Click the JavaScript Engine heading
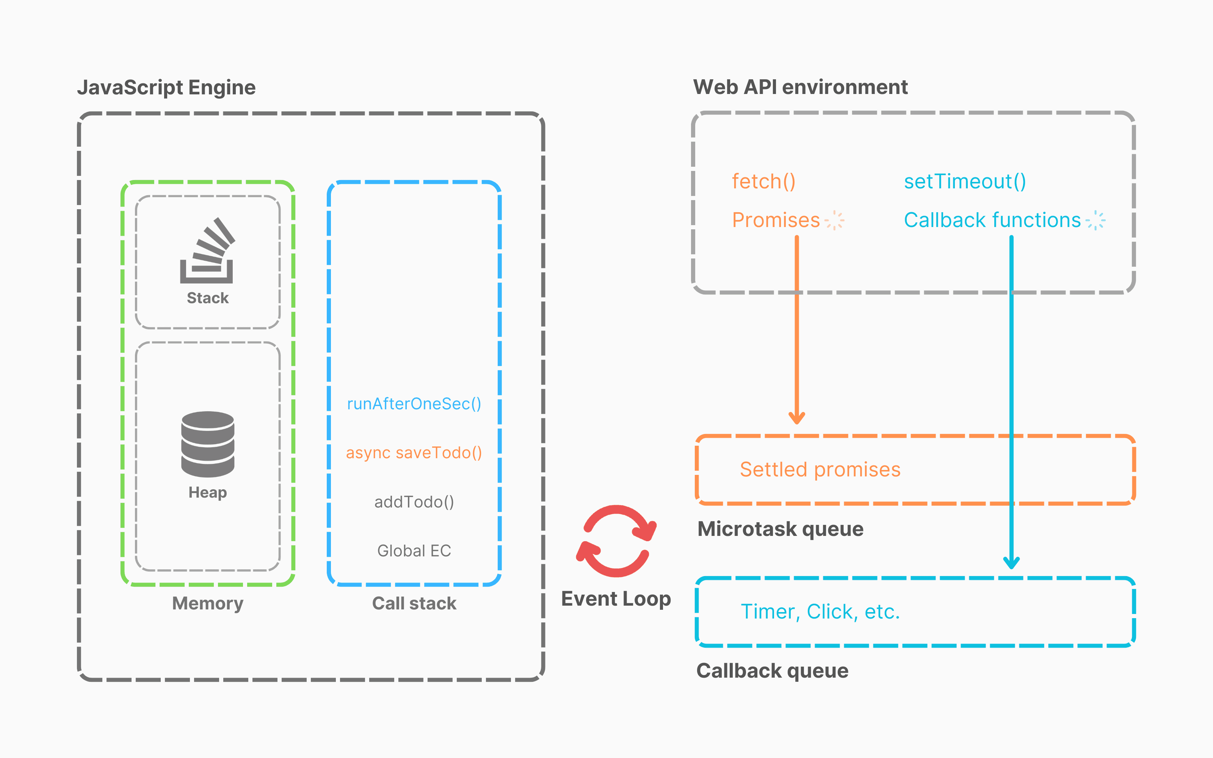pyautogui.click(x=166, y=87)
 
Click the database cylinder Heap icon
pyautogui.click(x=207, y=444)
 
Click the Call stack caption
pyautogui.click(x=414, y=603)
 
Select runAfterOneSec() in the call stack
pyautogui.click(x=414, y=404)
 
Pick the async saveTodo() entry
pyautogui.click(x=414, y=453)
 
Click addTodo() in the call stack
pyautogui.click(x=414, y=502)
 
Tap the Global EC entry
pyautogui.click(x=414, y=551)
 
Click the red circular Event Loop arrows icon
pyautogui.click(x=616, y=542)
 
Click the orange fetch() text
pyautogui.click(x=763, y=182)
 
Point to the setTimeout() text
pyautogui.click(x=965, y=182)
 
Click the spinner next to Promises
pyautogui.click(x=835, y=220)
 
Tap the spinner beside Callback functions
pyautogui.click(x=1096, y=220)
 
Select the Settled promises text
pyautogui.click(x=820, y=470)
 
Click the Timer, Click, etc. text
pyautogui.click(x=820, y=612)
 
